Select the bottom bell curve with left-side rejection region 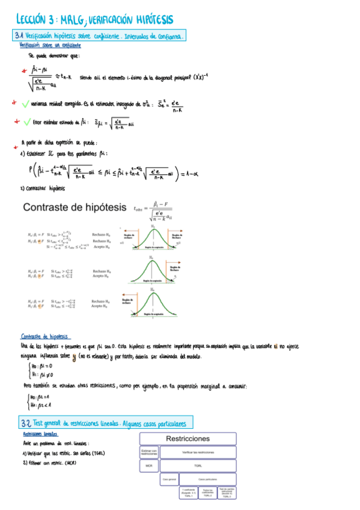153,303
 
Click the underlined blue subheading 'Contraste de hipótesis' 44,337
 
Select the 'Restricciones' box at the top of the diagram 188,439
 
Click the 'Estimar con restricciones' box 149,452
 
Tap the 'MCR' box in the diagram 149,465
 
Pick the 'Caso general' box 169,479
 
